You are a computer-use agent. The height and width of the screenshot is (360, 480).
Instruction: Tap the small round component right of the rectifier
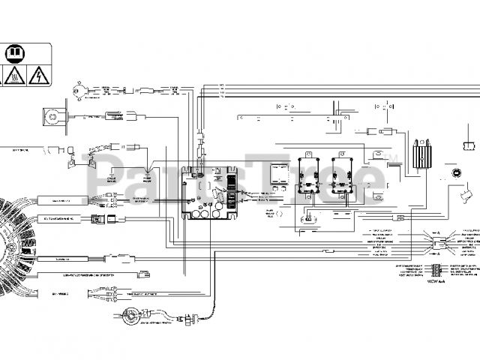click(x=454, y=174)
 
